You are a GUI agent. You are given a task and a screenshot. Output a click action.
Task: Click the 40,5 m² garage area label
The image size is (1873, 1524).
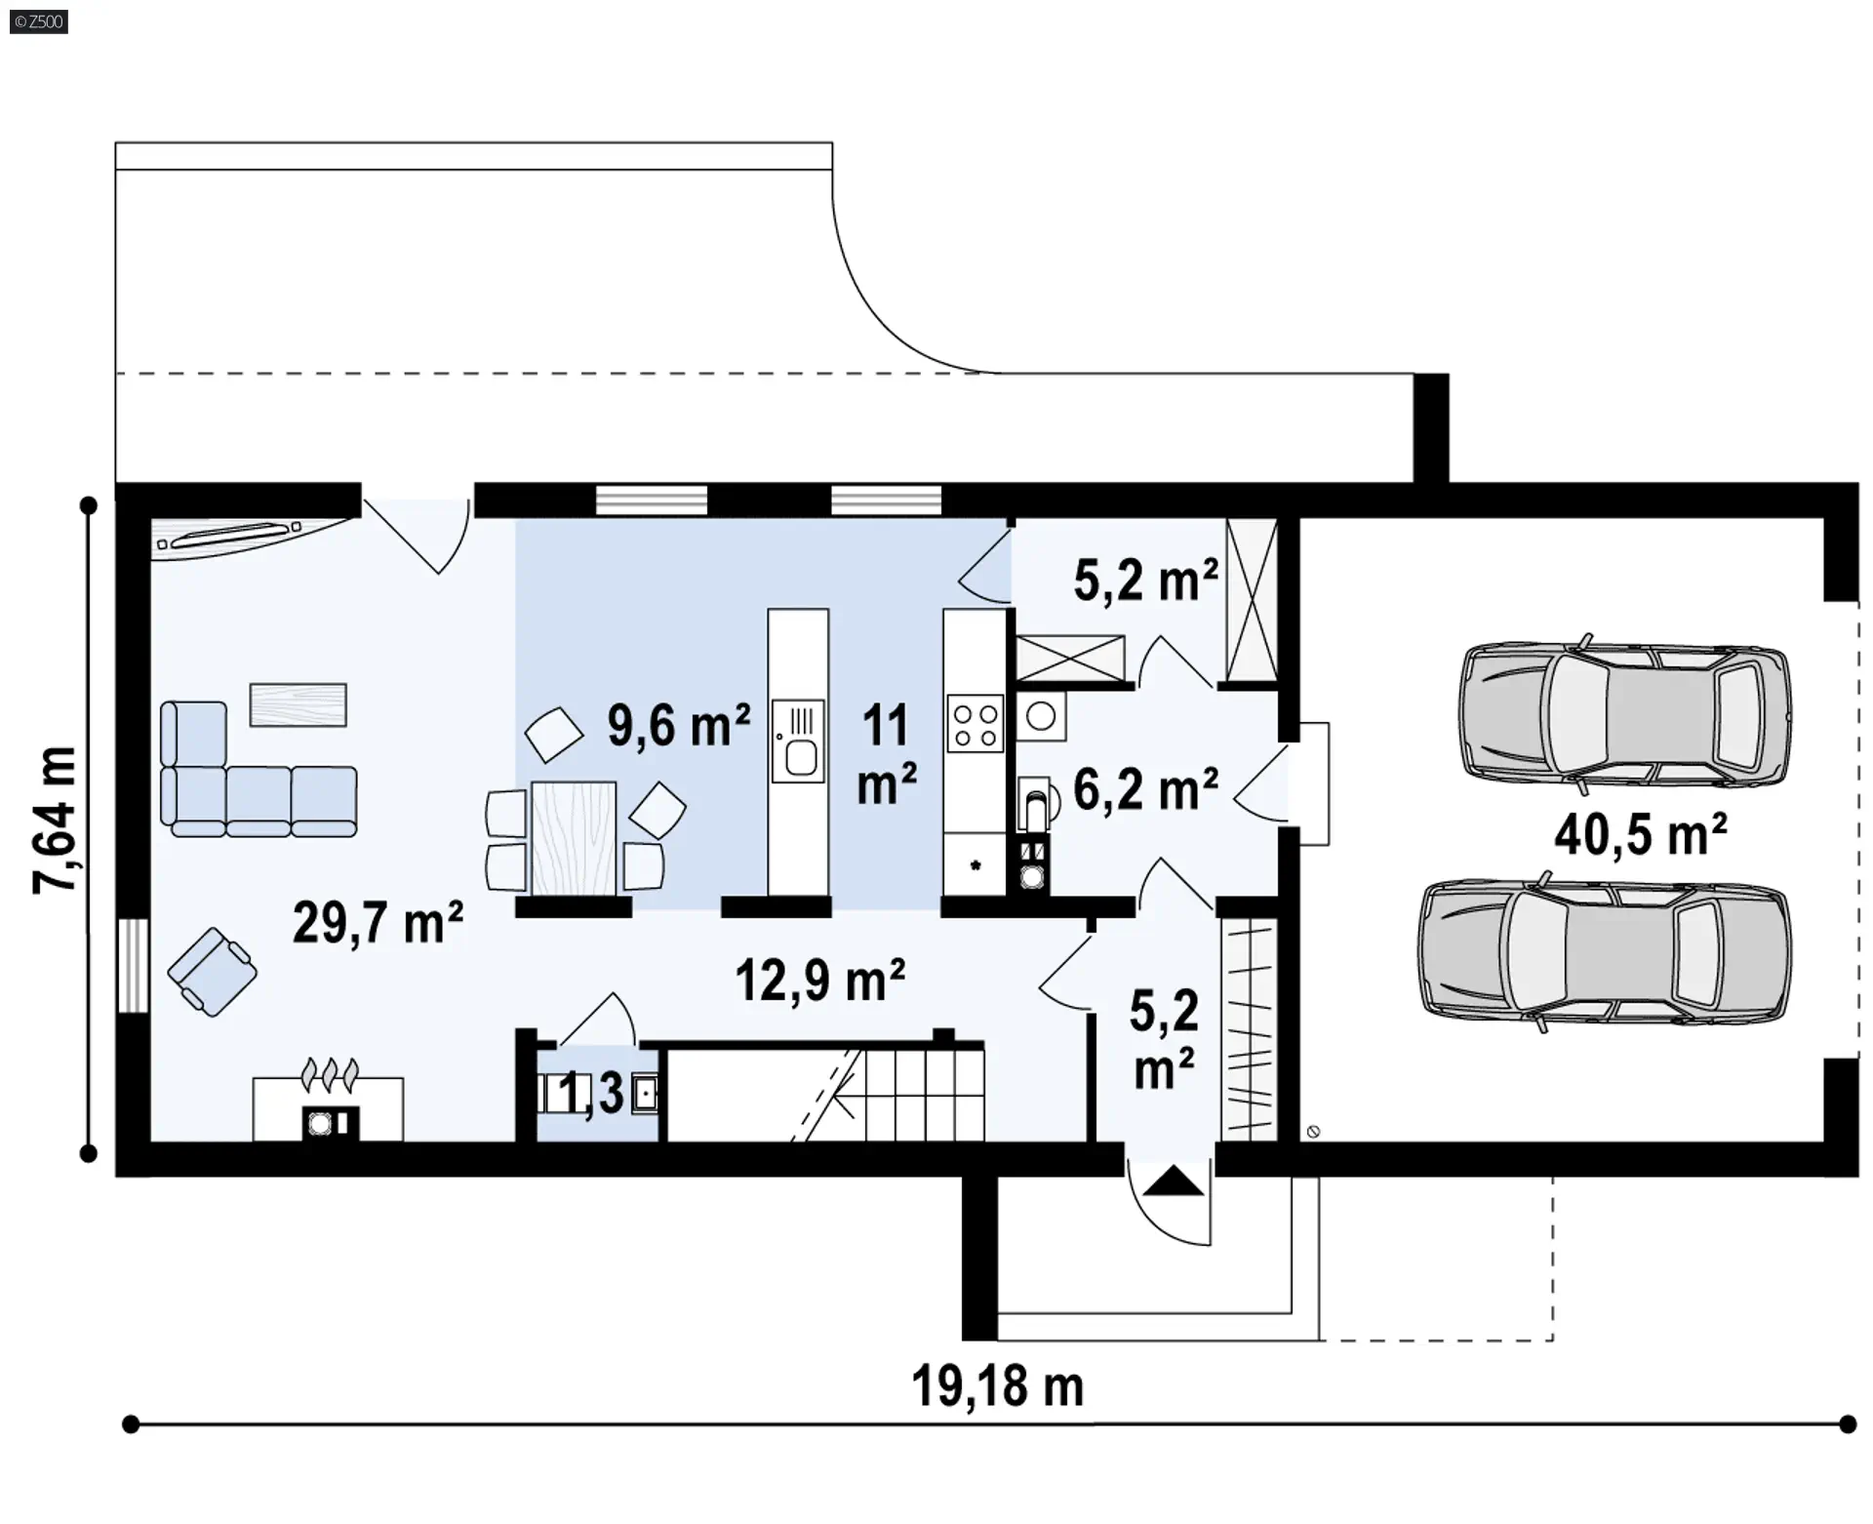tap(1641, 834)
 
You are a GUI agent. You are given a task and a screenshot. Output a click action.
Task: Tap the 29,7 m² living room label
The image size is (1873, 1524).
tap(378, 922)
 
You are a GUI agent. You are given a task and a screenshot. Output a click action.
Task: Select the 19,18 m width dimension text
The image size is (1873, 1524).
tap(997, 1385)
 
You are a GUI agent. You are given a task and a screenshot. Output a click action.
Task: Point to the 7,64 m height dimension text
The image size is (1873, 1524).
tap(55, 821)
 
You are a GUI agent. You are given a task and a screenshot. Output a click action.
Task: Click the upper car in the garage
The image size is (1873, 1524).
tap(1625, 711)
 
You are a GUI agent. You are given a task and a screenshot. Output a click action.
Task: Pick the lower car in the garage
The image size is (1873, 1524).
tap(1605, 952)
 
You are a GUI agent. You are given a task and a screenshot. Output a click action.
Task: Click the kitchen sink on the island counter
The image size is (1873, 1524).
tap(798, 742)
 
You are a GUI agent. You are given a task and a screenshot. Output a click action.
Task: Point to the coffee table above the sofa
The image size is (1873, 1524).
tap(298, 704)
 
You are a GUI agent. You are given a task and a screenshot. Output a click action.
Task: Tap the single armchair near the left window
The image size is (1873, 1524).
tap(212, 972)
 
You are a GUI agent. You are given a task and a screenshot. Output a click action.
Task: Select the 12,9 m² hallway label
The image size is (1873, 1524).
tap(820, 981)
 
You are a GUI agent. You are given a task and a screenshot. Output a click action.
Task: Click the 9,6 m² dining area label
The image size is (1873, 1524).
tap(679, 726)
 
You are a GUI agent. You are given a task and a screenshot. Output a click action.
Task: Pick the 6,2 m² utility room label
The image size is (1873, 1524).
tap(1145, 789)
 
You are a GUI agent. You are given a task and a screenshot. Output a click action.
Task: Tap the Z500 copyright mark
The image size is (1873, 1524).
tap(39, 21)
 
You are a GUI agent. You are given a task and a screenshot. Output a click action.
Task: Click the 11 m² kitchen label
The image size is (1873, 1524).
tap(886, 755)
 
